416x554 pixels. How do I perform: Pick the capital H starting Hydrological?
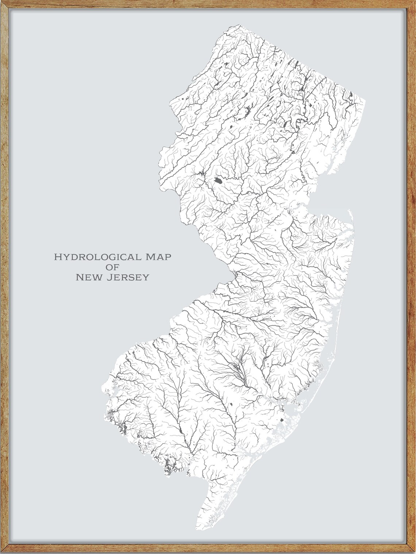pos(57,257)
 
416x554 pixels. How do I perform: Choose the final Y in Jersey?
pos(146,278)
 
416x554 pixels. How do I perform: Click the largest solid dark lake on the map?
pos(218,180)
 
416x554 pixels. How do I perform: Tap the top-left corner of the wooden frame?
pos(3,3)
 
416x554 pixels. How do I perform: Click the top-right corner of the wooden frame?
pos(413,3)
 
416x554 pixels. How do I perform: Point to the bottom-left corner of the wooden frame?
pos(3,551)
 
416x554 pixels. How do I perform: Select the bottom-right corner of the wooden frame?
pos(413,551)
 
